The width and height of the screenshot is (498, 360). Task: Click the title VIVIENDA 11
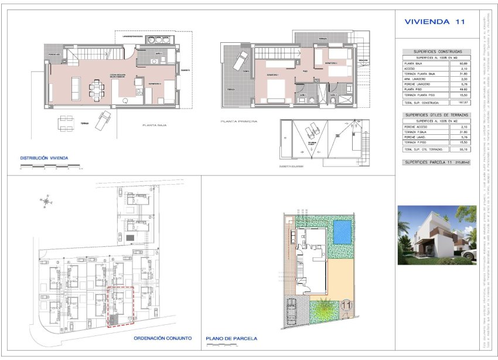pos(435,22)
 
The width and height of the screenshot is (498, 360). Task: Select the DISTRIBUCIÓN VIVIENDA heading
pos(45,158)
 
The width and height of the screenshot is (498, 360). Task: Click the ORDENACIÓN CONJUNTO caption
pos(162,338)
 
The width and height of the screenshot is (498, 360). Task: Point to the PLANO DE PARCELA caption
pos(231,338)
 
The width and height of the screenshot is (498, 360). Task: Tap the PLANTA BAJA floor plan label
pos(156,125)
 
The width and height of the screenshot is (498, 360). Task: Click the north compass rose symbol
pos(46,202)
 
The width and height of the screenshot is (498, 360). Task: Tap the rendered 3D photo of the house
pos(436,235)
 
